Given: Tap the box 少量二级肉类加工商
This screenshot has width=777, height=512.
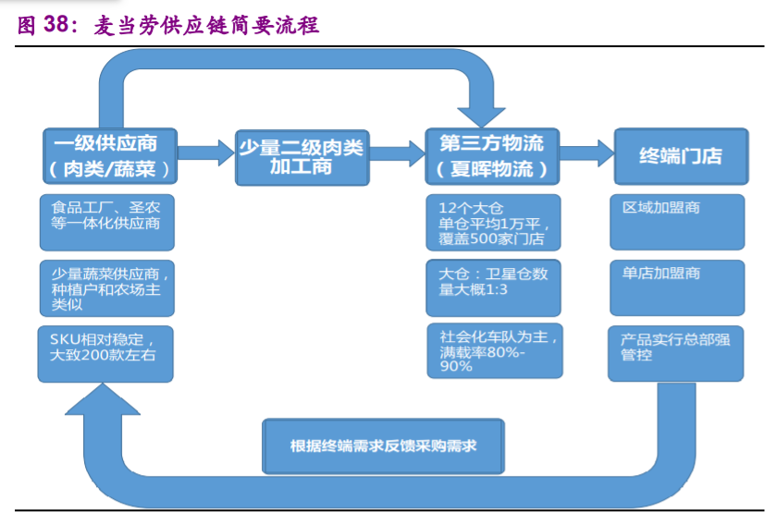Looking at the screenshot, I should pyautogui.click(x=302, y=155).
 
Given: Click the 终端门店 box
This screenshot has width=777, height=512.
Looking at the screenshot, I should pyautogui.click(x=681, y=155).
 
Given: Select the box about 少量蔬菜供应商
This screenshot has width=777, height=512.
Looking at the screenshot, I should pyautogui.click(x=105, y=288).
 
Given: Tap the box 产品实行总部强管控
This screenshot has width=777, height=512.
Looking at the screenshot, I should pyautogui.click(x=677, y=352).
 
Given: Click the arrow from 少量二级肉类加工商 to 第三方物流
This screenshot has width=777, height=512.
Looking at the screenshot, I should pyautogui.click(x=396, y=152).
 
